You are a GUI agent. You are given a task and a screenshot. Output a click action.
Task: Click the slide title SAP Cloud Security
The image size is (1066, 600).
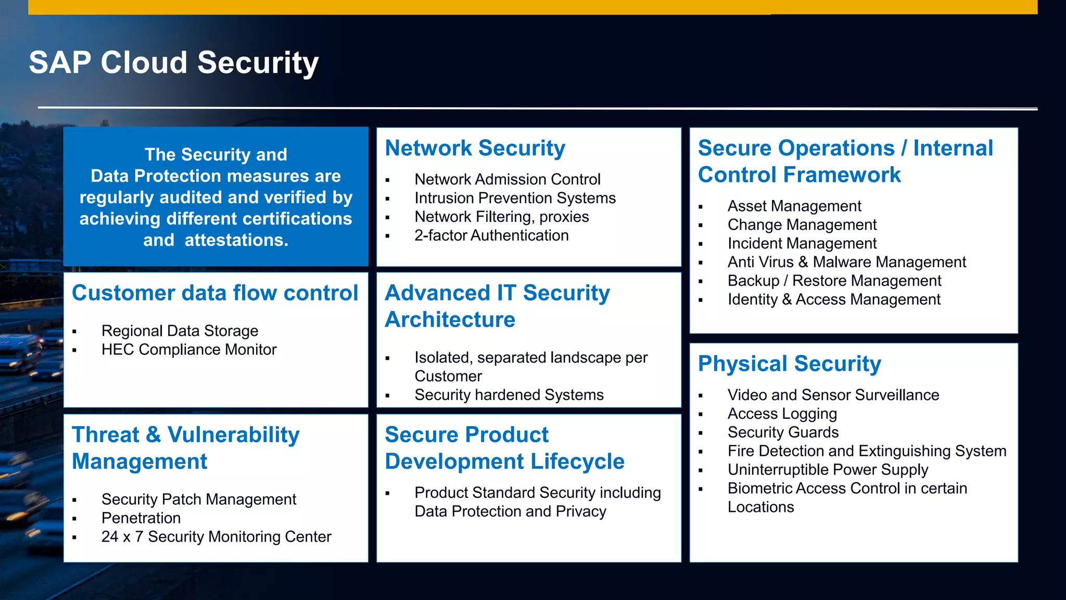pyautogui.click(x=173, y=63)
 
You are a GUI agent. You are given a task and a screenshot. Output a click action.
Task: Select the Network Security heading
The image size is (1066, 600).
pyautogui.click(x=475, y=148)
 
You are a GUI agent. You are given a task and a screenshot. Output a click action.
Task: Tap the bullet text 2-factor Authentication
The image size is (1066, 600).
pyautogui.click(x=491, y=235)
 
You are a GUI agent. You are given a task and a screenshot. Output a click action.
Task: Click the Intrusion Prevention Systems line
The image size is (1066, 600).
pyautogui.click(x=515, y=198)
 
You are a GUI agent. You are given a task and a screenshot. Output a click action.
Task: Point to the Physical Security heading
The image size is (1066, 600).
pyautogui.click(x=789, y=364)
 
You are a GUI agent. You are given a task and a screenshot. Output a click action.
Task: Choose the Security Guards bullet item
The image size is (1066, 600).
pyautogui.click(x=783, y=432)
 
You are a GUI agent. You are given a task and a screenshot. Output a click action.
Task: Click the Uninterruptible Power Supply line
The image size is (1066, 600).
pyautogui.click(x=828, y=470)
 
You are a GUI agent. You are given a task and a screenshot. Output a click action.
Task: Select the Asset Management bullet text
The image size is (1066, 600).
pyautogui.click(x=794, y=206)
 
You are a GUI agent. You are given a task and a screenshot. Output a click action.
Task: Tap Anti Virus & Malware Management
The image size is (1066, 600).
pyautogui.click(x=846, y=262)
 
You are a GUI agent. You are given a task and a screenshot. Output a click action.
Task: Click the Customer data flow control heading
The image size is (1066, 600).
pyautogui.click(x=215, y=293)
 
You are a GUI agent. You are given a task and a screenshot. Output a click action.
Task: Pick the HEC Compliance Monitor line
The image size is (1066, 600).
pyautogui.click(x=189, y=349)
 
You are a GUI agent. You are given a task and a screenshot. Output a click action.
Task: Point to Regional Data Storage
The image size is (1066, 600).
pyautogui.click(x=180, y=331)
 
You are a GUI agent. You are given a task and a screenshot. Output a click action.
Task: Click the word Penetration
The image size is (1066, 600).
pyautogui.click(x=141, y=518)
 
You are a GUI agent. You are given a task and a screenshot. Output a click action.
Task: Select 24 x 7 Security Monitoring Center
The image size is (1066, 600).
pyautogui.click(x=216, y=537)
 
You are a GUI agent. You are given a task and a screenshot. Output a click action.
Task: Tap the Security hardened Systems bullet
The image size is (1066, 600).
pyautogui.click(x=509, y=395)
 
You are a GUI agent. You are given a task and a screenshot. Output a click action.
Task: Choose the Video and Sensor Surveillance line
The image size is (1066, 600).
pyautogui.click(x=833, y=395)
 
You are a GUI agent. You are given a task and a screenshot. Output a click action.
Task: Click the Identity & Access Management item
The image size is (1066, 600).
pyautogui.click(x=834, y=299)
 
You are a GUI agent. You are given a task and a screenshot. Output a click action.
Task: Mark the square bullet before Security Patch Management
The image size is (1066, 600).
pyautogui.click(x=74, y=500)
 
